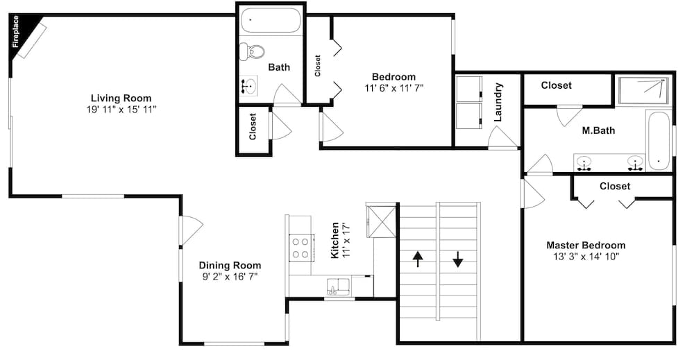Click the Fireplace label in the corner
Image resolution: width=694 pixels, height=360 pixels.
(16, 32)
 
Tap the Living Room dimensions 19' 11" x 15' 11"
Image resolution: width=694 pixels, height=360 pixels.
(121, 110)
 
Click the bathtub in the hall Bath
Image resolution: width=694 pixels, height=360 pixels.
(271, 20)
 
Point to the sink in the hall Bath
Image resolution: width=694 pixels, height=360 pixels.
(249, 85)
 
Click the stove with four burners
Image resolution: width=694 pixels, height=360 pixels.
(300, 248)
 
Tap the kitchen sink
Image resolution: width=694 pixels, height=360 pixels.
(338, 286)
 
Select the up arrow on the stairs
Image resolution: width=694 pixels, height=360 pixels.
(417, 259)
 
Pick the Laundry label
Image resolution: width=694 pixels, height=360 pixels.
(498, 102)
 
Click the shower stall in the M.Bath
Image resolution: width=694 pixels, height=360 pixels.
(643, 90)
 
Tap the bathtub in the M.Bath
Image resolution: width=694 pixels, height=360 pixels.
(659, 141)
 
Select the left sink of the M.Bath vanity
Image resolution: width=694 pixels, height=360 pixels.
(585, 162)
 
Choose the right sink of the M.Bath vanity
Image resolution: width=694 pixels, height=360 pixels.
(636, 162)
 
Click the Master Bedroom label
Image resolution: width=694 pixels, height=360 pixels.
(586, 245)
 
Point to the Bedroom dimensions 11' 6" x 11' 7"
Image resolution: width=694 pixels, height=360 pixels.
(394, 88)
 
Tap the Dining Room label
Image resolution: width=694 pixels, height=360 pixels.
(230, 266)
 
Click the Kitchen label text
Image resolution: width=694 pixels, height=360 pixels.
(335, 240)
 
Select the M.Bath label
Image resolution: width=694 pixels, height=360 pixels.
(598, 130)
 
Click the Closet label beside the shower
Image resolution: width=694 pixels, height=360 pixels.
(557, 85)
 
